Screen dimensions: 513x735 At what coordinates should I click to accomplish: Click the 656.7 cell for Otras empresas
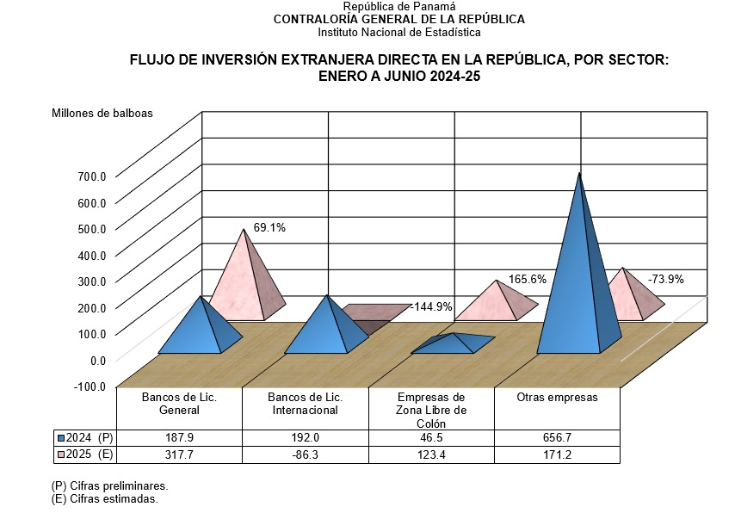(557, 438)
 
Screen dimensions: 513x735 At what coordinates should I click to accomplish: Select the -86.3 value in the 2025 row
(306, 454)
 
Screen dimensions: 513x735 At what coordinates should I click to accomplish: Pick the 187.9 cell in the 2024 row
(179, 438)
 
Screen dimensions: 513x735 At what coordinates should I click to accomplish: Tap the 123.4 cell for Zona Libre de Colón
(431, 454)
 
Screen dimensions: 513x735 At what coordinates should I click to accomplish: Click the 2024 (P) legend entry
(84, 438)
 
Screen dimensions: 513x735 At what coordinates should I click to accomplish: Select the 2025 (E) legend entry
(84, 454)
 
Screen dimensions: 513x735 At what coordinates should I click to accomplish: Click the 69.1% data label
(269, 228)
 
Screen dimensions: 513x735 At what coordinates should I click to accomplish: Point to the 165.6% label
(528, 279)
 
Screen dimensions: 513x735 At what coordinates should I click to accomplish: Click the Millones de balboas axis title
(102, 114)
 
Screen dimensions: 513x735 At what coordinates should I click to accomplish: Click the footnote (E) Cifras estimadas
(104, 498)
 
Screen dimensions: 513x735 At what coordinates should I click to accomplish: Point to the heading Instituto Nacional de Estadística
(398, 32)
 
